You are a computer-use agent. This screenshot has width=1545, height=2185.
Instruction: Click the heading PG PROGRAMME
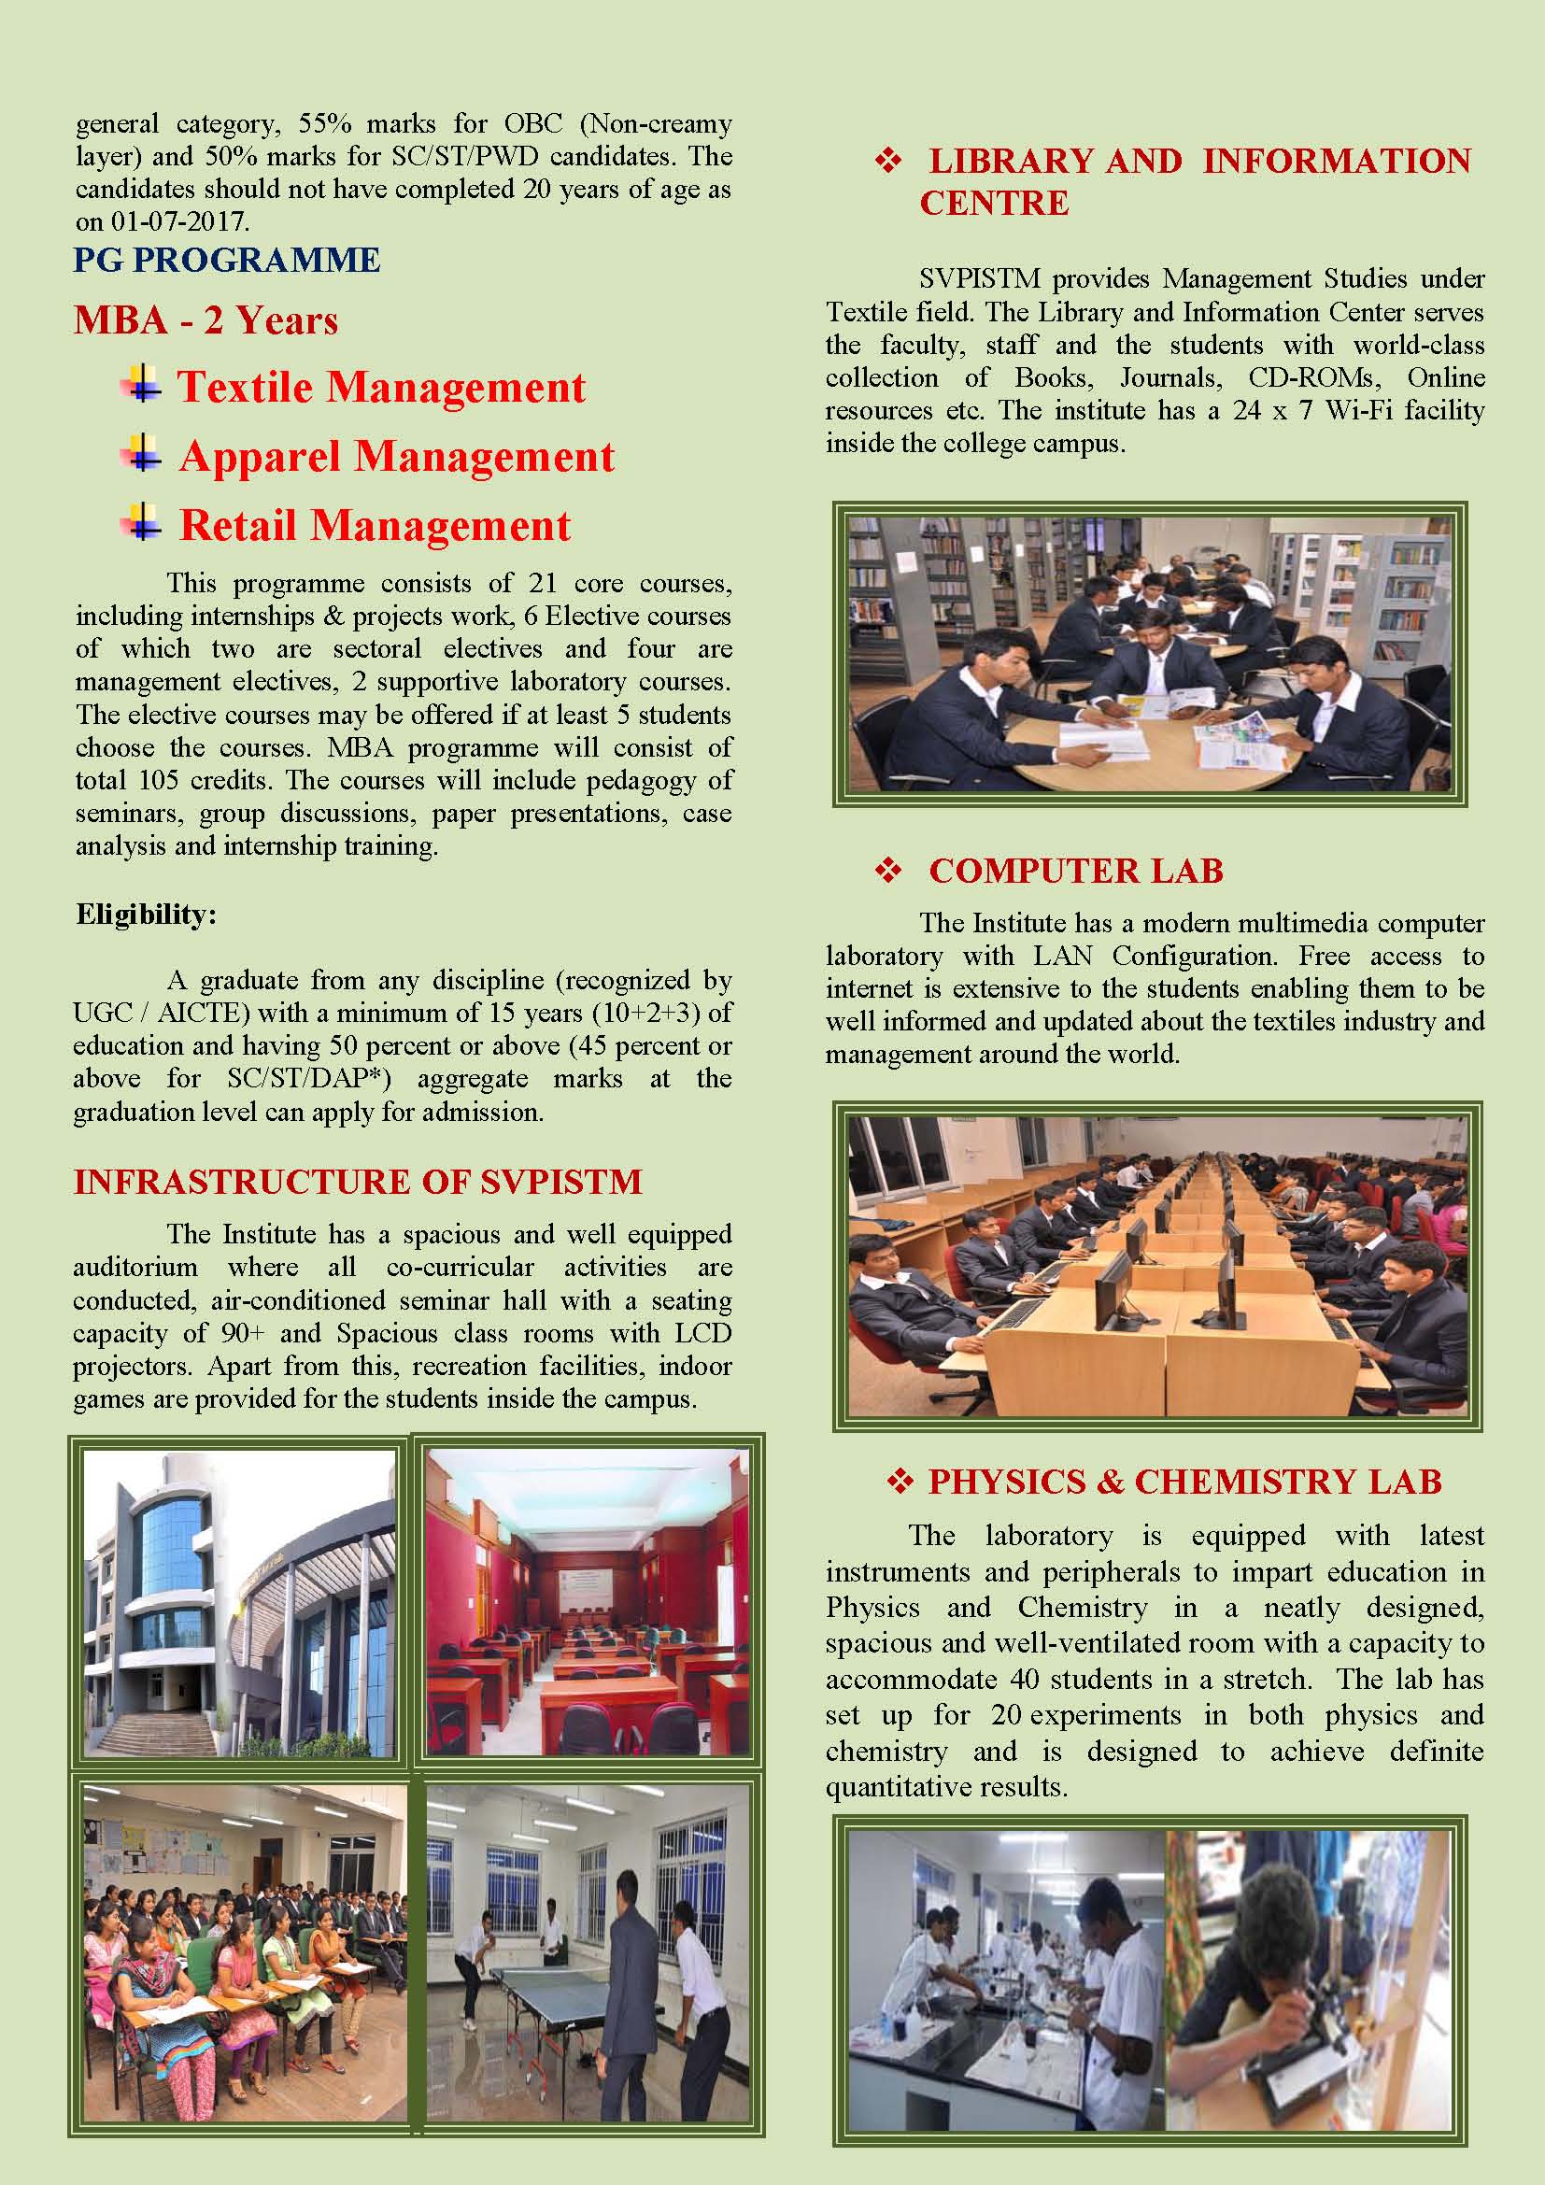point(226,260)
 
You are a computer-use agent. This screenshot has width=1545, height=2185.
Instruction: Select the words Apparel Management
point(397,457)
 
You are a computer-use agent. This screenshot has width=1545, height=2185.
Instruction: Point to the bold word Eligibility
point(146,915)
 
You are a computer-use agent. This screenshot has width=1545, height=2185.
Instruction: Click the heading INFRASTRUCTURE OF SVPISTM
point(358,1182)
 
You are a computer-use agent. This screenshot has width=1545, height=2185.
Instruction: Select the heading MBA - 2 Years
point(206,320)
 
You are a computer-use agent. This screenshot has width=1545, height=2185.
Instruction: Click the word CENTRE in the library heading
point(994,203)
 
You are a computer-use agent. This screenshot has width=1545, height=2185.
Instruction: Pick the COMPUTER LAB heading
point(1076,871)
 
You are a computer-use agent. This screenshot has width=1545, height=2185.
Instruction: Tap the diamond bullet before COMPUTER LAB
point(887,870)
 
